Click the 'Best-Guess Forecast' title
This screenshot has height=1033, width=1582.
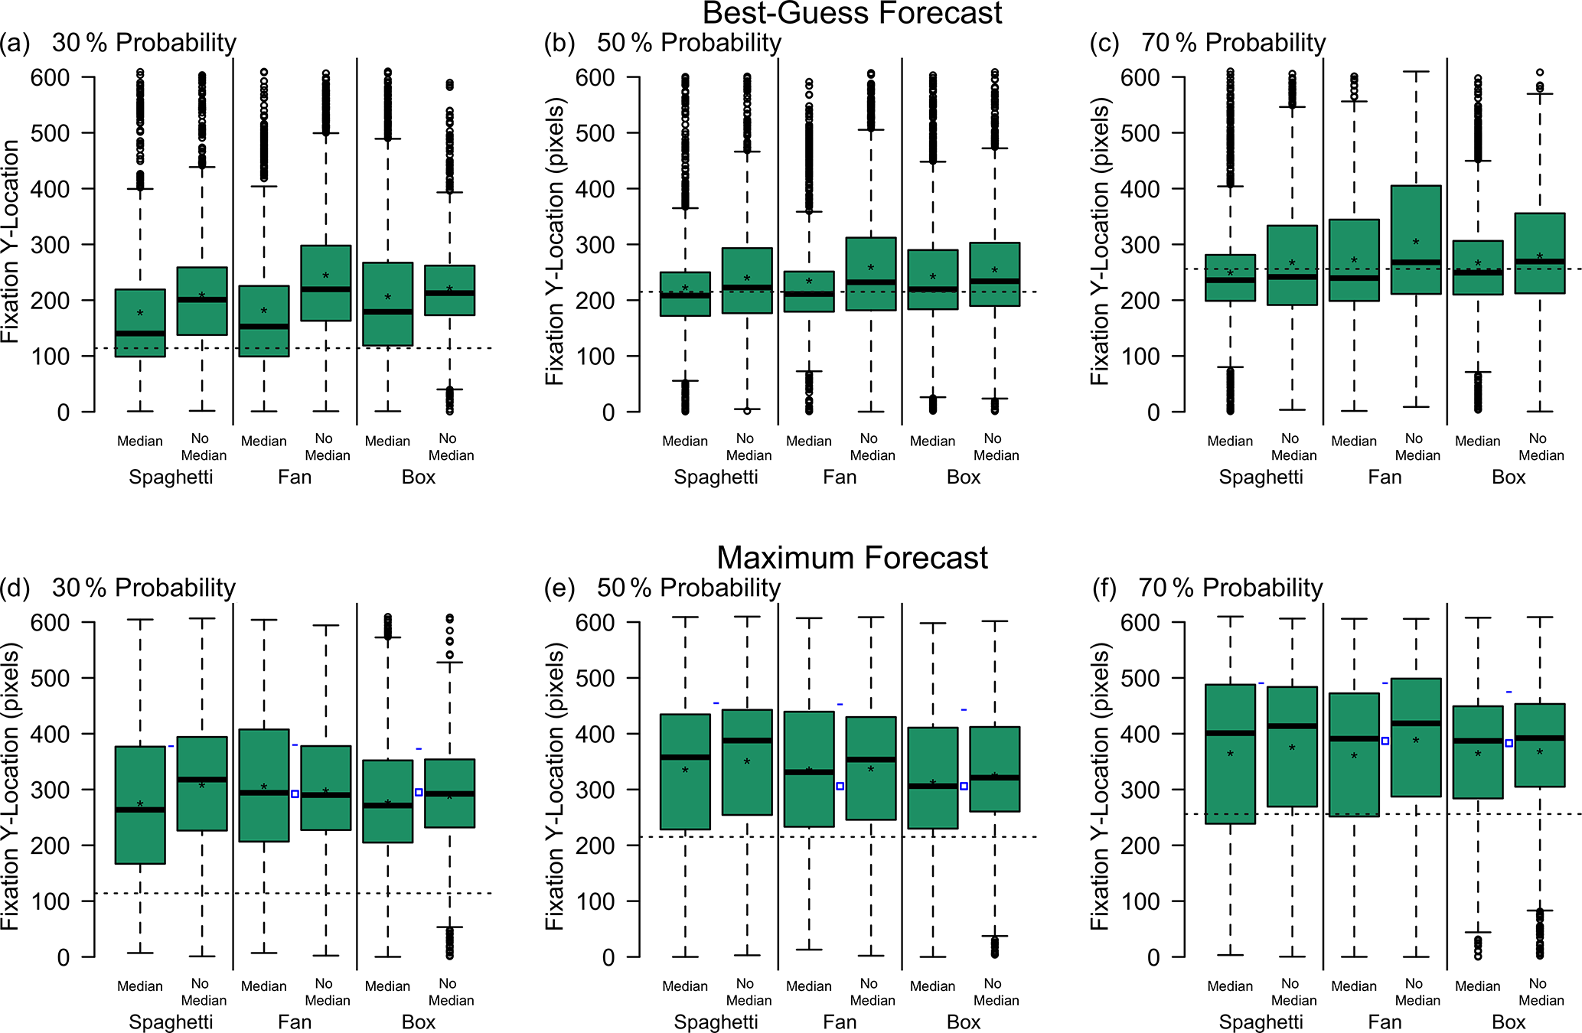coord(852,14)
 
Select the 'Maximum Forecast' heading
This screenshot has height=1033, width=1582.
coord(852,558)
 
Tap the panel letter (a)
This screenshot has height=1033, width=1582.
coord(15,43)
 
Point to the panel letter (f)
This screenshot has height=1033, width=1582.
coord(1104,588)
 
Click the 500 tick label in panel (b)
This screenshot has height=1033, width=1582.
coord(595,133)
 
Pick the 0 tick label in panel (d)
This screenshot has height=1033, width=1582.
coord(63,957)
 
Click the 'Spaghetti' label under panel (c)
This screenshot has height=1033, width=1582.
coord(1261,477)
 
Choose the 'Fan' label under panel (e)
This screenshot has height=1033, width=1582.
coord(840,1022)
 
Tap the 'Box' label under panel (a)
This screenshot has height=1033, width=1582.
coord(419,477)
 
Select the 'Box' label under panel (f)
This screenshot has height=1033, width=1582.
coord(1509,1022)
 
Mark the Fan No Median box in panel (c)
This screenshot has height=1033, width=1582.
coord(1416,240)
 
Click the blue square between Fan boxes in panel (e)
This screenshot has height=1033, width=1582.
coord(840,787)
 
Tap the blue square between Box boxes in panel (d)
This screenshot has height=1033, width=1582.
coord(419,793)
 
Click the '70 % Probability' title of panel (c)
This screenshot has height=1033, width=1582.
coord(1233,43)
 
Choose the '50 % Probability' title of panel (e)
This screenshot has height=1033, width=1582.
coord(688,588)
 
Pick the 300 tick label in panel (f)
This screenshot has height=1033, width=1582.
coord(1140,790)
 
